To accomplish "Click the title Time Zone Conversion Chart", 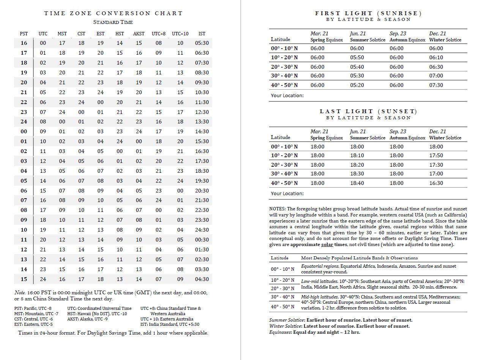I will coord(113,13).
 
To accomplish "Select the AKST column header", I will coord(139,34).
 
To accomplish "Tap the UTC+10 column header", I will coord(180,34).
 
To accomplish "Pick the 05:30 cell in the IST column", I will coord(202,43).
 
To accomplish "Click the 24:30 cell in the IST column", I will coord(202,230).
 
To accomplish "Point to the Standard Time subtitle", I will coord(113,22).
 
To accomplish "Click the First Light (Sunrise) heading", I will coord(368,13).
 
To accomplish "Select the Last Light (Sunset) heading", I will coord(368,111).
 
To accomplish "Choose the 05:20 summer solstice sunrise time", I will coord(357,85).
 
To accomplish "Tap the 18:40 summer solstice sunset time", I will coord(357,183).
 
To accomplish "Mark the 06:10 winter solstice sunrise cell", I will coord(436,57).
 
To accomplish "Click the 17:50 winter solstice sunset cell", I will coord(436,155).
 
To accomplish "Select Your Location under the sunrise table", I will coord(287,95).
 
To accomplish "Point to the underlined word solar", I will coord(327,245).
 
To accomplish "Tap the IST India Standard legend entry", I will coord(170,324).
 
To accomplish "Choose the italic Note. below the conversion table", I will coord(19,293).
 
